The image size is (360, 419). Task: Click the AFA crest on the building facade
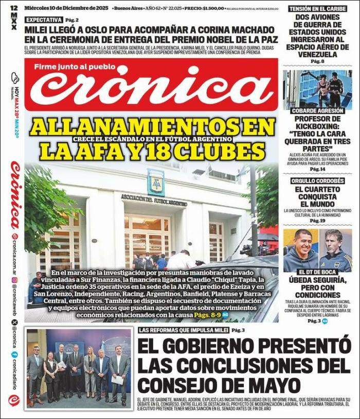pyautogui.click(x=155, y=183)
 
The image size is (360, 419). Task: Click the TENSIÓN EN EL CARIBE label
pyautogui.click(x=317, y=9)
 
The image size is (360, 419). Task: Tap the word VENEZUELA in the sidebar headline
pyautogui.click(x=317, y=54)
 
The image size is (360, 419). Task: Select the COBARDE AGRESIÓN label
pyautogui.click(x=317, y=111)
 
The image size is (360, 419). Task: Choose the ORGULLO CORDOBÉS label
pyautogui.click(x=317, y=180)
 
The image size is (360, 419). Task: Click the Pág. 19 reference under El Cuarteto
pyautogui.click(x=317, y=221)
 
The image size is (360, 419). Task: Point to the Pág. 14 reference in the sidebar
pyautogui.click(x=317, y=169)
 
